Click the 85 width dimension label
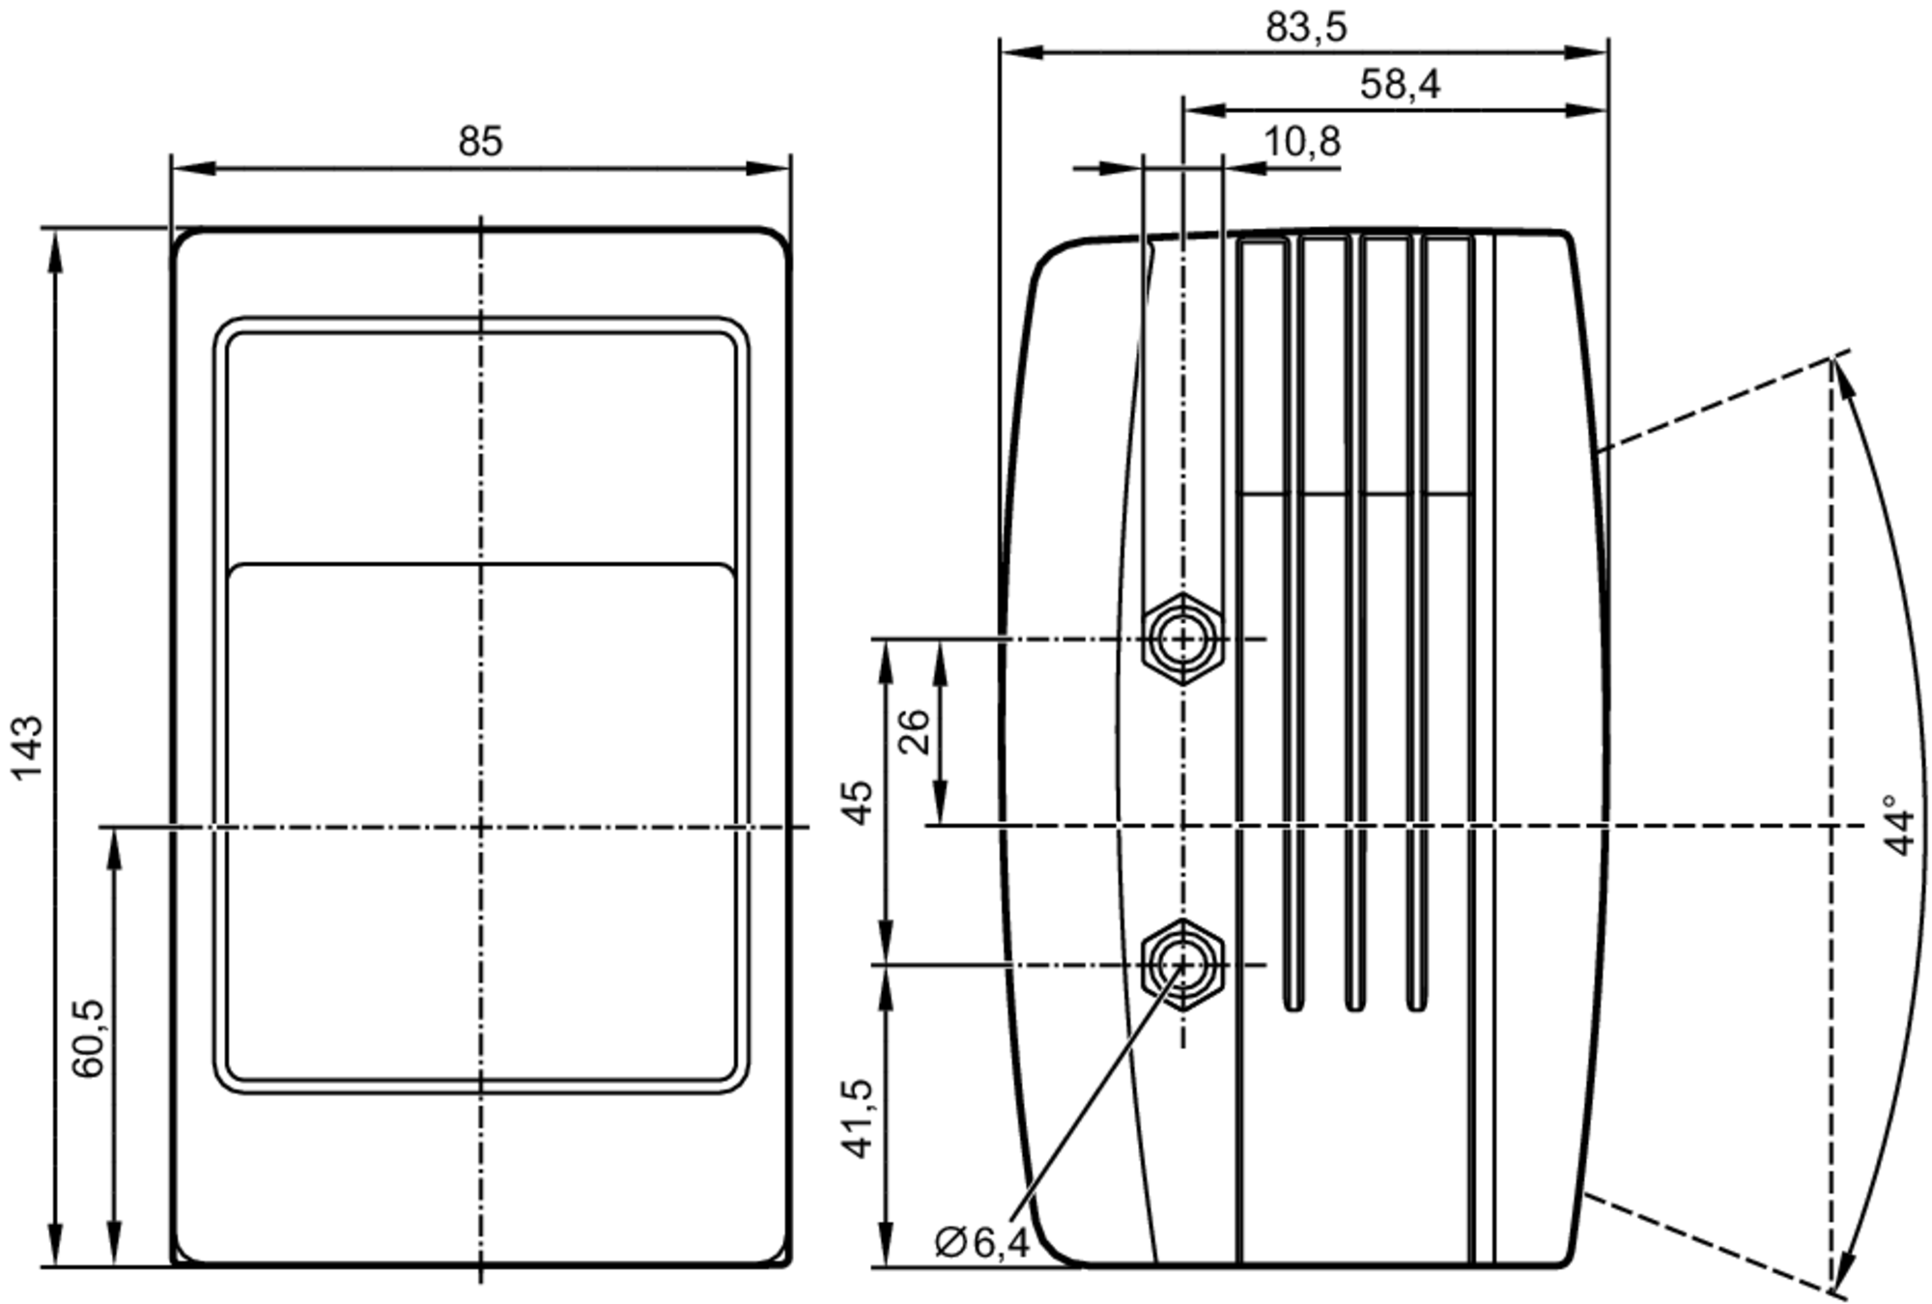click(x=480, y=142)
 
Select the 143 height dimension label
click(x=27, y=747)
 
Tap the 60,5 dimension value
click(x=88, y=1038)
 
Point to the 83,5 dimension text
click(x=1306, y=28)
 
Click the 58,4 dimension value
click(x=1400, y=85)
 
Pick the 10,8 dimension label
click(x=1301, y=142)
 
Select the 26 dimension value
click(x=914, y=731)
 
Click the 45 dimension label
click(x=858, y=802)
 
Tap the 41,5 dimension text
click(x=858, y=1119)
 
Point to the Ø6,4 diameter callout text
click(x=981, y=1242)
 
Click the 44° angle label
click(x=1899, y=826)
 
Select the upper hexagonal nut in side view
click(x=1182, y=639)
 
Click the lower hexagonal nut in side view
click(x=1182, y=964)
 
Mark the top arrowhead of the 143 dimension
click(x=55, y=249)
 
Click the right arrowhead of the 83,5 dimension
click(x=1587, y=52)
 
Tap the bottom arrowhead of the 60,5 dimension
click(x=114, y=1246)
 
